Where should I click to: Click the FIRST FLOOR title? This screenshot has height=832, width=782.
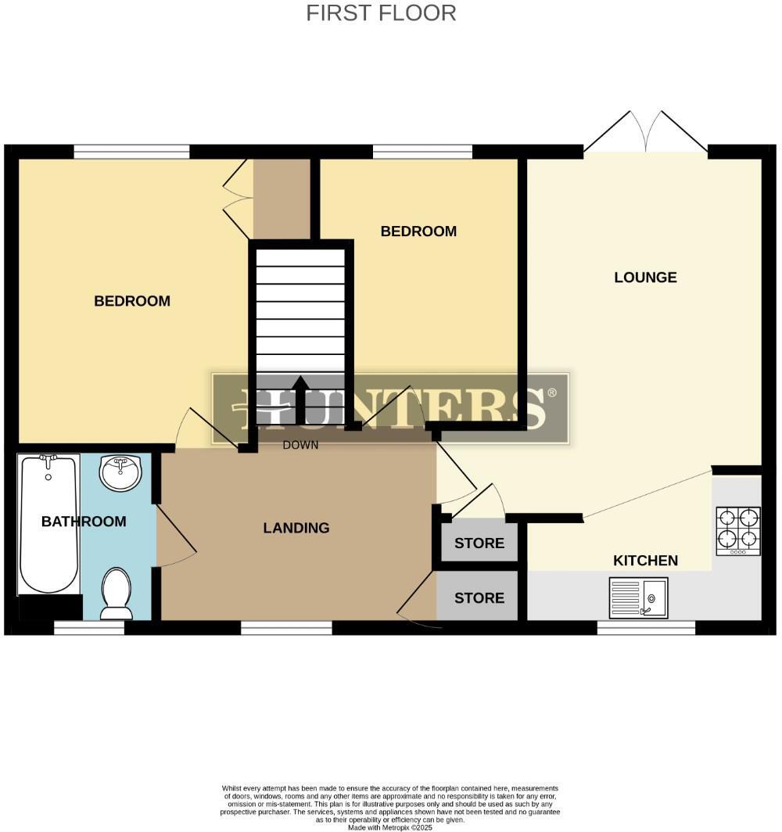[381, 13]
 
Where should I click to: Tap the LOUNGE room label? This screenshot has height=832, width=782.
[645, 278]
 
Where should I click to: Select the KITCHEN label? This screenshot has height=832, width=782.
[645, 561]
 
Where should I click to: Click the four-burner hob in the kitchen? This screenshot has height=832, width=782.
[738, 531]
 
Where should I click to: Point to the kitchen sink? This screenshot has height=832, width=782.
[638, 598]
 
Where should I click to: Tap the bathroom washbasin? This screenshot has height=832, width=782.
[121, 472]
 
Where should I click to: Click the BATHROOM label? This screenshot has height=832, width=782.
[84, 522]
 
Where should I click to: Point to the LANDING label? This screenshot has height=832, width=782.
[296, 529]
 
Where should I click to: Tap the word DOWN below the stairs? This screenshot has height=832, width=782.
[300, 445]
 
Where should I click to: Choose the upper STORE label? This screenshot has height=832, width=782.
[479, 543]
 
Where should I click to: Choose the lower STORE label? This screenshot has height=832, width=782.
[479, 598]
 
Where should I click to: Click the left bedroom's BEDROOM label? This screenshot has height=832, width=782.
[132, 301]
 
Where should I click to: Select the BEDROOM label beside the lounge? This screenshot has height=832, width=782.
[418, 231]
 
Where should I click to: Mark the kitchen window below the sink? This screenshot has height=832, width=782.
[646, 627]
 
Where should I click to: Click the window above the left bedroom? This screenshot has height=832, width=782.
[131, 152]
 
